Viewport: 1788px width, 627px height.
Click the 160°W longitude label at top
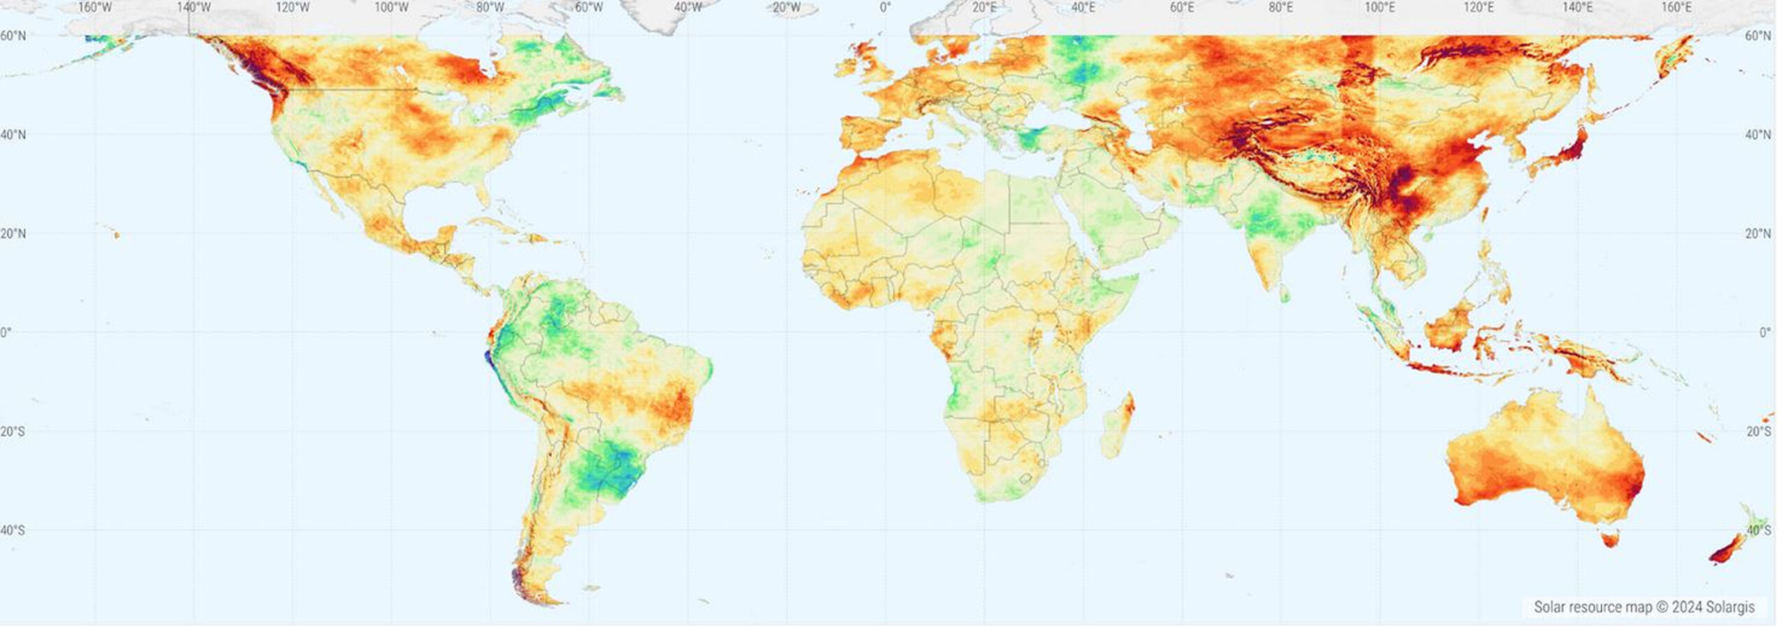(95, 8)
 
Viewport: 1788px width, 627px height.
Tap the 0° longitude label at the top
(885, 8)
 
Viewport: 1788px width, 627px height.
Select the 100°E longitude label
(1379, 8)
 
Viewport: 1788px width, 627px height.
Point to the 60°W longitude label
(589, 8)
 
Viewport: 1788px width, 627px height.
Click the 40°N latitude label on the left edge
(13, 134)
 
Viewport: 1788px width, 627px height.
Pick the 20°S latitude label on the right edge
(1759, 431)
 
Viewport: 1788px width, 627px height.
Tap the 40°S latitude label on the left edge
(13, 531)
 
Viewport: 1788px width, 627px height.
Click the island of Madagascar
(1117, 426)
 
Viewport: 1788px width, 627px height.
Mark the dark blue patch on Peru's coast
(488, 358)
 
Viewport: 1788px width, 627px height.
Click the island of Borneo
(1449, 329)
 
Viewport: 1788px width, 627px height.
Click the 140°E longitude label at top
(1577, 8)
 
